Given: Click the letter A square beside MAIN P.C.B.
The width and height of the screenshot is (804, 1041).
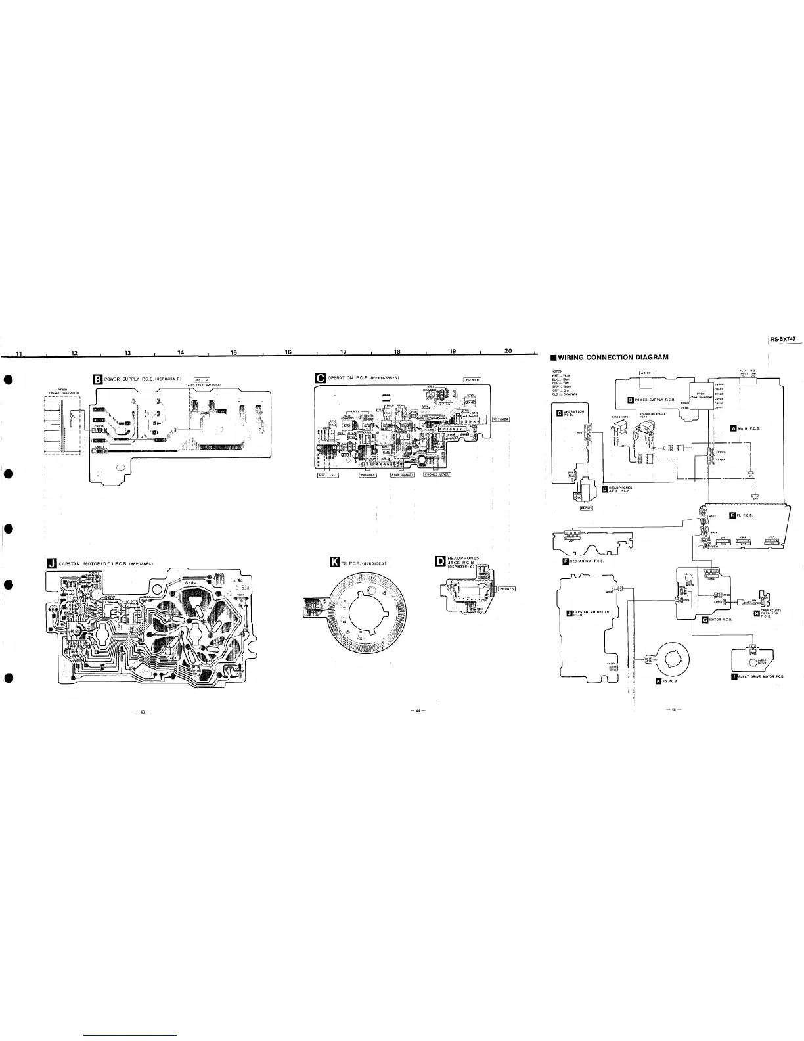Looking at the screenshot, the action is tap(734, 428).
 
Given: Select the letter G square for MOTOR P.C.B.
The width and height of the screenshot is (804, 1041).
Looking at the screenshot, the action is tap(705, 619).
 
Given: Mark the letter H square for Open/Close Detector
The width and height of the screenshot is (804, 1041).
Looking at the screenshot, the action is tap(756, 613).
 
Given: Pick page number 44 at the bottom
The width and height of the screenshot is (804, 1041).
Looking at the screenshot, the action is tap(416, 710).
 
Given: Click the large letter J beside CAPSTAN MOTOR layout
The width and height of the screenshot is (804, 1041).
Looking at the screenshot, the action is tap(52, 563).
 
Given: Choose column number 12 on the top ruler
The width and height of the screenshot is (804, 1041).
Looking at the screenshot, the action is tap(74, 353).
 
